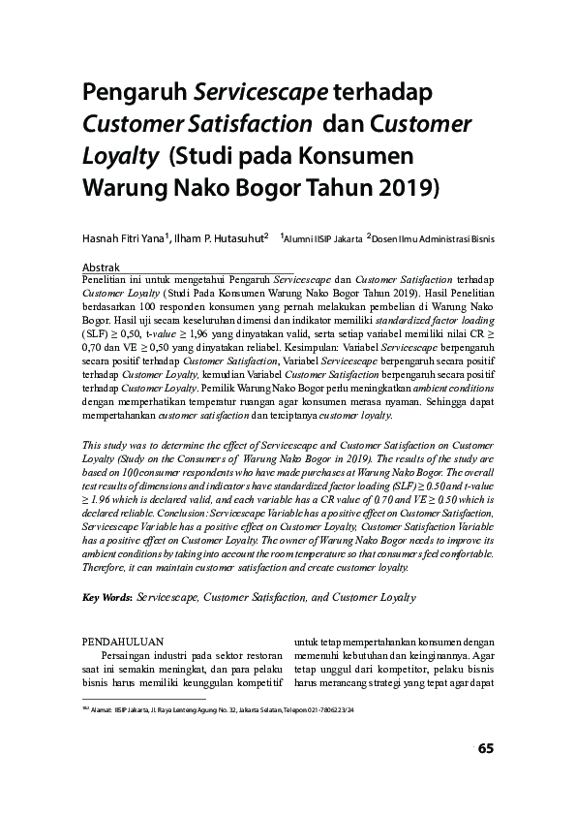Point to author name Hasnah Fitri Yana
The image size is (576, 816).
(125, 235)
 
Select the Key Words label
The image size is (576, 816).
(106, 599)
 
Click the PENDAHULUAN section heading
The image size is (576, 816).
(121, 641)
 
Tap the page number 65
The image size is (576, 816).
(486, 748)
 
